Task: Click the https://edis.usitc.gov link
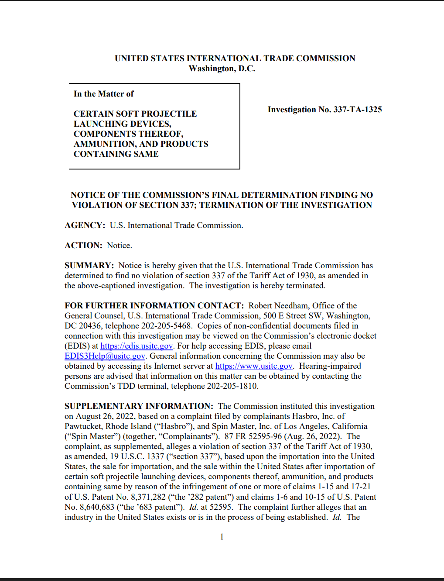[x=137, y=346]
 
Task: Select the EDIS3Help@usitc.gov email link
[x=105, y=356]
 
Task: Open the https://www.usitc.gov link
[x=253, y=366]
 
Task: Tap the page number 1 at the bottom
[x=222, y=537]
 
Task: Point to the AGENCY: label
[x=85, y=225]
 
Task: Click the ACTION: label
[x=83, y=246]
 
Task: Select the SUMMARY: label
[x=89, y=266]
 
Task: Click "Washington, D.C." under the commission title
[x=222, y=69]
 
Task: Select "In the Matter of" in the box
[x=104, y=94]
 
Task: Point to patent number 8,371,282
[x=148, y=497]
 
